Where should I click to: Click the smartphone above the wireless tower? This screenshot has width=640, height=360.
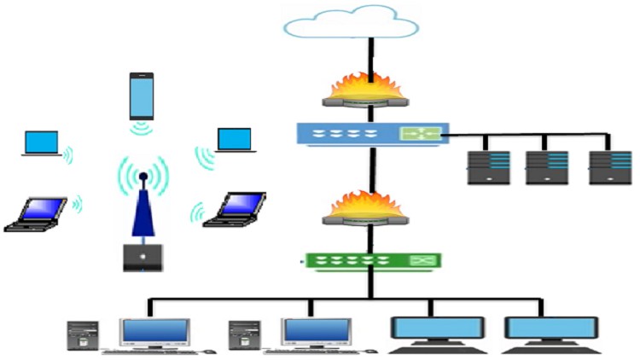click(x=143, y=96)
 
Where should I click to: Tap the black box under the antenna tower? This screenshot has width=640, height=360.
click(x=143, y=257)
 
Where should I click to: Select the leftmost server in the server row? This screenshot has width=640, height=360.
click(x=488, y=168)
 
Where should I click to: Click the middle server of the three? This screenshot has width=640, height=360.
click(x=547, y=168)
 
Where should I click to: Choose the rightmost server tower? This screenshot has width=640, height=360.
click(x=609, y=168)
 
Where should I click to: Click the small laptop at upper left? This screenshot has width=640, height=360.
click(x=41, y=143)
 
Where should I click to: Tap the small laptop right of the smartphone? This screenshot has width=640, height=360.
click(x=234, y=141)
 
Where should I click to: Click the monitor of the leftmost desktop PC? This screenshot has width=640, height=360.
click(x=154, y=330)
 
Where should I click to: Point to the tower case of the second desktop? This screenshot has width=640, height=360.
click(x=244, y=335)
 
